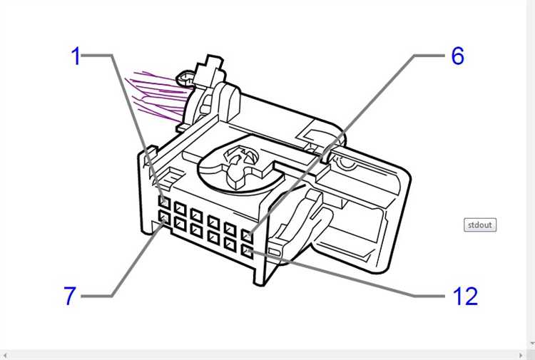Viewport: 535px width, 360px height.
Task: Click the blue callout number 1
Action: [x=76, y=56]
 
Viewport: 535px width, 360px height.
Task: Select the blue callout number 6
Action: [x=458, y=56]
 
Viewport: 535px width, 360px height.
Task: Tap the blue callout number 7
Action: [x=70, y=296]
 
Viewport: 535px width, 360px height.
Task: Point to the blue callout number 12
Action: [x=465, y=296]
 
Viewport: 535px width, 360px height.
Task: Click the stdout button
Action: [x=480, y=225]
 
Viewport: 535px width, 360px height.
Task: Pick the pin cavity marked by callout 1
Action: [x=164, y=202]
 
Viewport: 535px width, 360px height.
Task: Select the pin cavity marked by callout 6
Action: [x=247, y=235]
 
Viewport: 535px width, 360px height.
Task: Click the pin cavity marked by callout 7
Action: [x=164, y=217]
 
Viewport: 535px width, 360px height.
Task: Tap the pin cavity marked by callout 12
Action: [x=247, y=252]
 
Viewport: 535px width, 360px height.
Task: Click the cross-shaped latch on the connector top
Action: [x=237, y=163]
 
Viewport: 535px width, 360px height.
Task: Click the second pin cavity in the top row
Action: [x=180, y=209]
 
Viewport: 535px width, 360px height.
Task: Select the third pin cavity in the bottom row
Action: [x=197, y=230]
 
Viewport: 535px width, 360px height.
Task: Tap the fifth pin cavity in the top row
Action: [x=230, y=229]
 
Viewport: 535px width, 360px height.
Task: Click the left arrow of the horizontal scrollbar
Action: [x=5, y=356]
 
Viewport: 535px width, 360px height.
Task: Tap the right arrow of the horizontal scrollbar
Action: [x=521, y=356]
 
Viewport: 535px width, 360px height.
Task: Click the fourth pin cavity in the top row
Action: [x=213, y=222]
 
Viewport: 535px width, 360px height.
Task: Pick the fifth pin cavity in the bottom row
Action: [x=230, y=245]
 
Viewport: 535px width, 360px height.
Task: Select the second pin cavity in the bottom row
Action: [x=180, y=224]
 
